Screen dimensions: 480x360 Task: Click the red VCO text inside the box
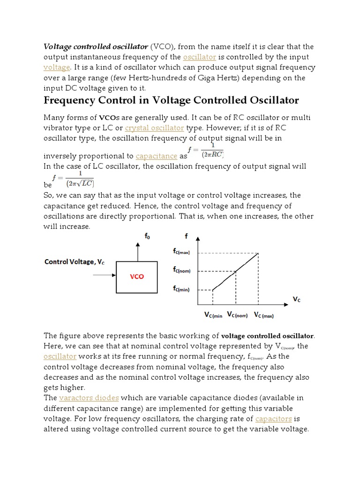pyautogui.click(x=137, y=277)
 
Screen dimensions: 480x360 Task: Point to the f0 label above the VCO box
pyautogui.click(x=147, y=237)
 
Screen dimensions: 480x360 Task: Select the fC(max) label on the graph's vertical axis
pyautogui.click(x=182, y=252)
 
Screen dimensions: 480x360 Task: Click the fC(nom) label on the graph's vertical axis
pyautogui.click(x=182, y=271)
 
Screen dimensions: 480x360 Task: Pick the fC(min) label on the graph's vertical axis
pyautogui.click(x=182, y=290)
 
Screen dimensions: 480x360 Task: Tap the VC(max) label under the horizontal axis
pyautogui.click(x=264, y=315)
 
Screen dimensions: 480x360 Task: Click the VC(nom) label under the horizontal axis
pyautogui.click(x=237, y=315)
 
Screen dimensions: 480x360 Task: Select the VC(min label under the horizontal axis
pyautogui.click(x=213, y=315)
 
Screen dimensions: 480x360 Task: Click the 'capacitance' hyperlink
pyautogui.click(x=156, y=156)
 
